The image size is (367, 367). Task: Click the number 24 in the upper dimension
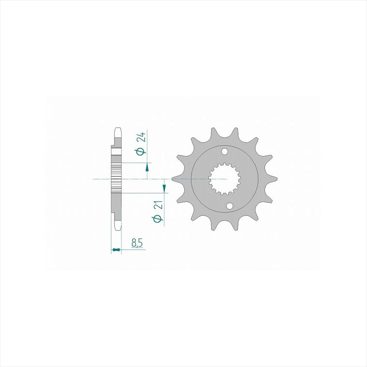pos(142,138)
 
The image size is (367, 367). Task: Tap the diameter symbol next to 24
pos(141,151)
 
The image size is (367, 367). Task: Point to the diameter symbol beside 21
pos(157,219)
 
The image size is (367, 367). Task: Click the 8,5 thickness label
pos(137,243)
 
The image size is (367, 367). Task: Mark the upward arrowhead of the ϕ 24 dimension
pos(147,168)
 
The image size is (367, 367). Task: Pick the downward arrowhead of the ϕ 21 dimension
pos(164,188)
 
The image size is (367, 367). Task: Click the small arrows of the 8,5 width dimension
pos(116,250)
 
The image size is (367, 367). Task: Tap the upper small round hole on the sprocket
pos(225,152)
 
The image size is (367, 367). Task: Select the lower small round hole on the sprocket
pos(230,206)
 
